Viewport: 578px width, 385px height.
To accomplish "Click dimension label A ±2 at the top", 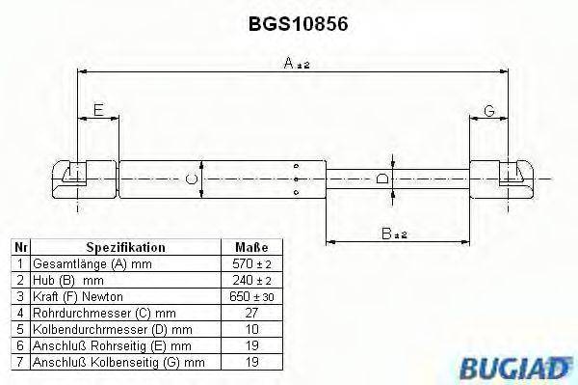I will (x=296, y=64).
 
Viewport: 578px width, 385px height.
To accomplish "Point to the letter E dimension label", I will (x=97, y=112).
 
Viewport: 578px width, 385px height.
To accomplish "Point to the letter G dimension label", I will (x=489, y=112).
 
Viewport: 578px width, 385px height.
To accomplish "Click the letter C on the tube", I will (x=191, y=179).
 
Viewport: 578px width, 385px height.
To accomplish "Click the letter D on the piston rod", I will (x=383, y=179).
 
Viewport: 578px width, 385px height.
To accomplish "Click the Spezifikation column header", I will (x=125, y=247).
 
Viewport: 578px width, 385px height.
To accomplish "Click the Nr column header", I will (x=18, y=247).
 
